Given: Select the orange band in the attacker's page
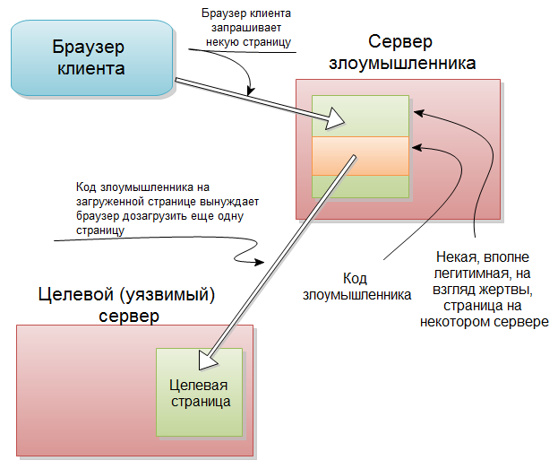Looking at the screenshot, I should coord(359,156).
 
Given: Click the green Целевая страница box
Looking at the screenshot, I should coord(200,392).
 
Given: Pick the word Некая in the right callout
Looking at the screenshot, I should coord(455,257).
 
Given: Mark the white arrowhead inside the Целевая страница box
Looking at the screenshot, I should coord(208,360).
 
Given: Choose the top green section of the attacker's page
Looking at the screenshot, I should coord(359,116).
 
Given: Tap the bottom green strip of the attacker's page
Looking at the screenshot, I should coord(359,186).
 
